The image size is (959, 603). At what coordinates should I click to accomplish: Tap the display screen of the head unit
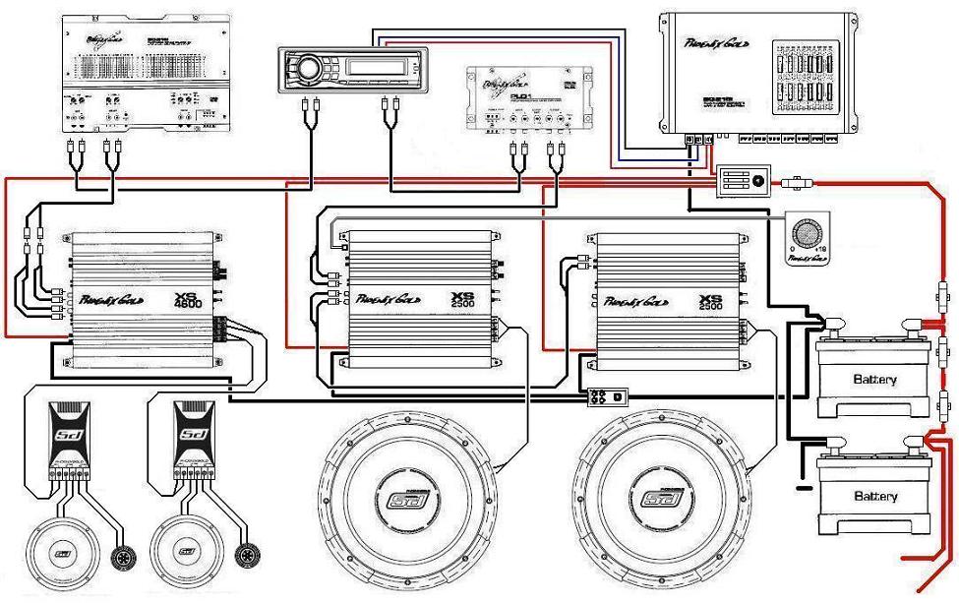377,69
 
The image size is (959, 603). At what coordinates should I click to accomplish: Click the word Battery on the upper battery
874,379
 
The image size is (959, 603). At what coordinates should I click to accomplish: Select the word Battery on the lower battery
875,495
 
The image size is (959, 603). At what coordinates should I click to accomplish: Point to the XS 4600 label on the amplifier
186,299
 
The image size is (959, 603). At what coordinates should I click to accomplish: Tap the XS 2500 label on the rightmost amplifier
711,299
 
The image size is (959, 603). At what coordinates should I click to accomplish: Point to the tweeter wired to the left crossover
127,555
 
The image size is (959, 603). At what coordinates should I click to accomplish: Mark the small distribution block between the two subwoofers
604,398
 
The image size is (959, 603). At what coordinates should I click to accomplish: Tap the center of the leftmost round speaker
62,555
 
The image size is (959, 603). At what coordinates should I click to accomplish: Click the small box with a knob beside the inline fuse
743,181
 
